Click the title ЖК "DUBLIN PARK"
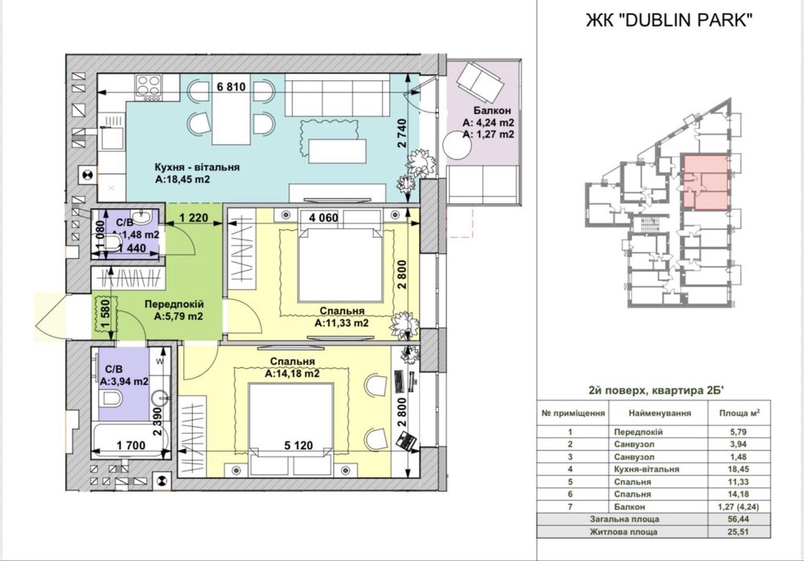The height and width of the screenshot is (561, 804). click(x=669, y=20)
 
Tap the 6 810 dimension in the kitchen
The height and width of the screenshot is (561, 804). click(x=232, y=87)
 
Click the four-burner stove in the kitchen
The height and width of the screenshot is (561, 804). click(x=149, y=87)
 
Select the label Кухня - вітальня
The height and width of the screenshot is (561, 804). click(x=198, y=167)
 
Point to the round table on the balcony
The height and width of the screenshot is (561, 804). click(x=457, y=145)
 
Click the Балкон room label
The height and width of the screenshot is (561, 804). click(x=492, y=110)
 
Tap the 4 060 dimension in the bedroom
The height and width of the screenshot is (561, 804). click(x=323, y=218)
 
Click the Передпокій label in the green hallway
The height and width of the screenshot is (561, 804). click(x=174, y=304)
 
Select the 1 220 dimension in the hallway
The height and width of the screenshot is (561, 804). click(x=194, y=218)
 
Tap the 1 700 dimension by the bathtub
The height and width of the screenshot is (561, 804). click(x=131, y=445)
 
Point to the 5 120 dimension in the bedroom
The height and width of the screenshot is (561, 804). click(x=298, y=445)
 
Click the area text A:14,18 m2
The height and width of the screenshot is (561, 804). click(x=293, y=374)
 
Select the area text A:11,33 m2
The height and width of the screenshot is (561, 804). click(x=342, y=323)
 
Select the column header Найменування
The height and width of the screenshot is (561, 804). click(x=659, y=413)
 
